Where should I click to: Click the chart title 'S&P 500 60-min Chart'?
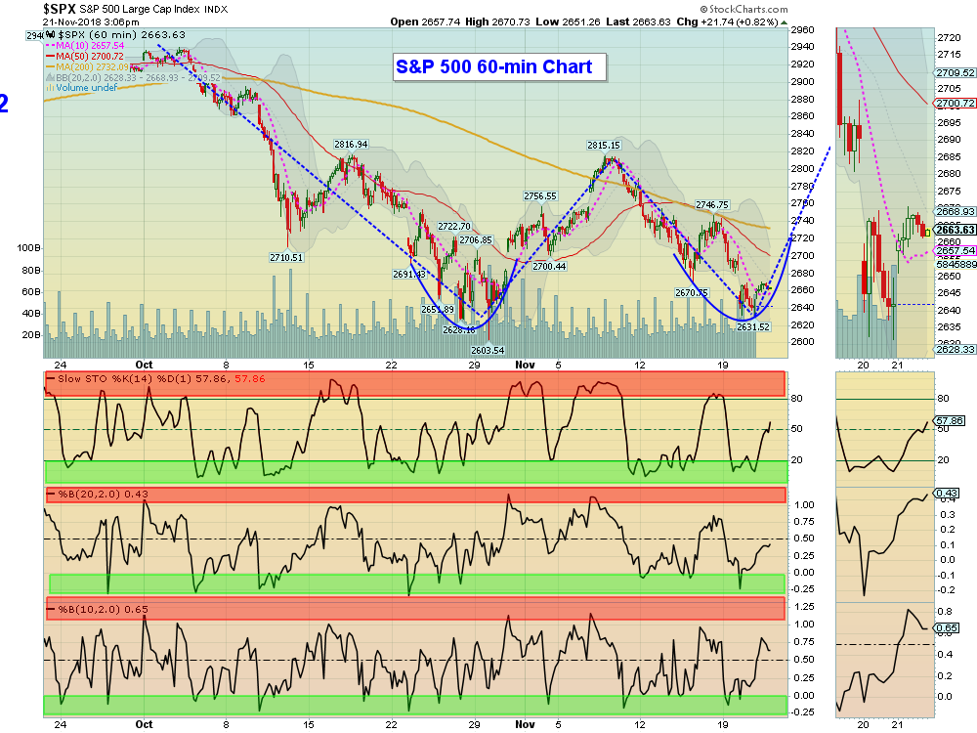(x=500, y=67)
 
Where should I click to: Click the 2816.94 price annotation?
(x=351, y=145)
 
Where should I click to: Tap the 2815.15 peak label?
(x=604, y=145)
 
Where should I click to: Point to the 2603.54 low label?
(x=487, y=350)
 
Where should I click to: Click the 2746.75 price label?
(x=712, y=205)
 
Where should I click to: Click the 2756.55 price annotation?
(x=539, y=195)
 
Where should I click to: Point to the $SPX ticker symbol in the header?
(x=61, y=9)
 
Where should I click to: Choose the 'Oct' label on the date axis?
(x=144, y=724)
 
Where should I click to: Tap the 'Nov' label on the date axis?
(x=526, y=724)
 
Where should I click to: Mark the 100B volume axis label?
(x=28, y=248)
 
